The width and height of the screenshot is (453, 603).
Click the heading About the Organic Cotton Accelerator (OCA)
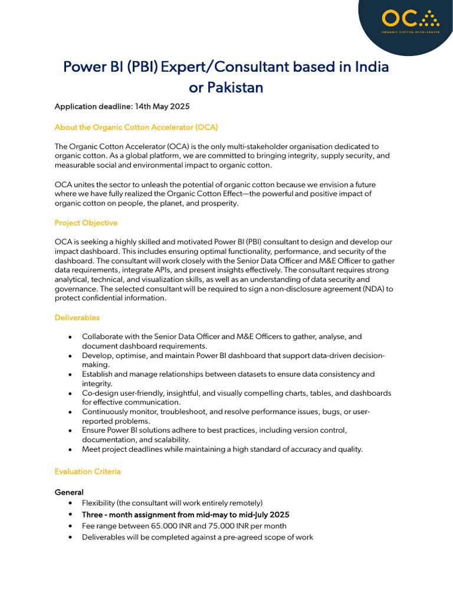pyautogui.click(x=136, y=127)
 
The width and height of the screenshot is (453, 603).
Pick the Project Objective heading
pyautogui.click(x=86, y=223)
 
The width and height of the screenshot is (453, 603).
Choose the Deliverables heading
pyautogui.click(x=77, y=317)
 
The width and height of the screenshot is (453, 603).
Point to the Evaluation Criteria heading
pyautogui.click(x=87, y=471)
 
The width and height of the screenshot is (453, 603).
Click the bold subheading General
pyautogui.click(x=69, y=492)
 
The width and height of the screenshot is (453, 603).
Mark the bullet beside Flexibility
pyautogui.click(x=71, y=503)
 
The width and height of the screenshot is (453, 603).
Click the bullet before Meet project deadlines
pyautogui.click(x=71, y=449)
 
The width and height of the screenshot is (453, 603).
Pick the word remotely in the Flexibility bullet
pyautogui.click(x=244, y=503)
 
